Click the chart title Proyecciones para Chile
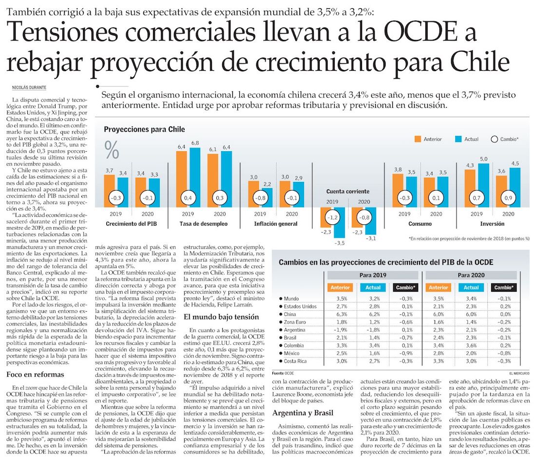click(x=144, y=129)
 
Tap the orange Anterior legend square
click(x=418, y=139)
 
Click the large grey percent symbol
click(x=112, y=150)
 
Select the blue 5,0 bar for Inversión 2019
click(x=483, y=185)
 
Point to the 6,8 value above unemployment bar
click(x=195, y=143)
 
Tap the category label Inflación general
click(x=276, y=224)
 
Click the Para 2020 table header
click(x=470, y=275)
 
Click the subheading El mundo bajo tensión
click(x=217, y=317)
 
